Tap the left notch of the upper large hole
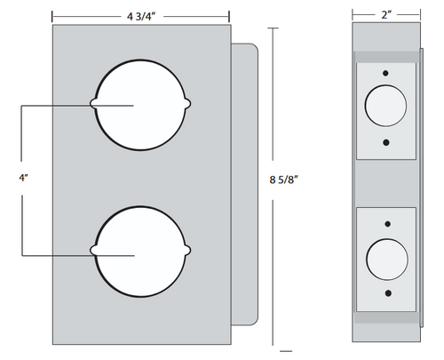tap(95, 105)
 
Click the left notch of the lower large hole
tap(95, 251)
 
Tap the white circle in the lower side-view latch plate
tap(385, 257)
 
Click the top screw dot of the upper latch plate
tap(385, 72)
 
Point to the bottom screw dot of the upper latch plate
tap(385, 140)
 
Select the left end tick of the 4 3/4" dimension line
tap(52, 15)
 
